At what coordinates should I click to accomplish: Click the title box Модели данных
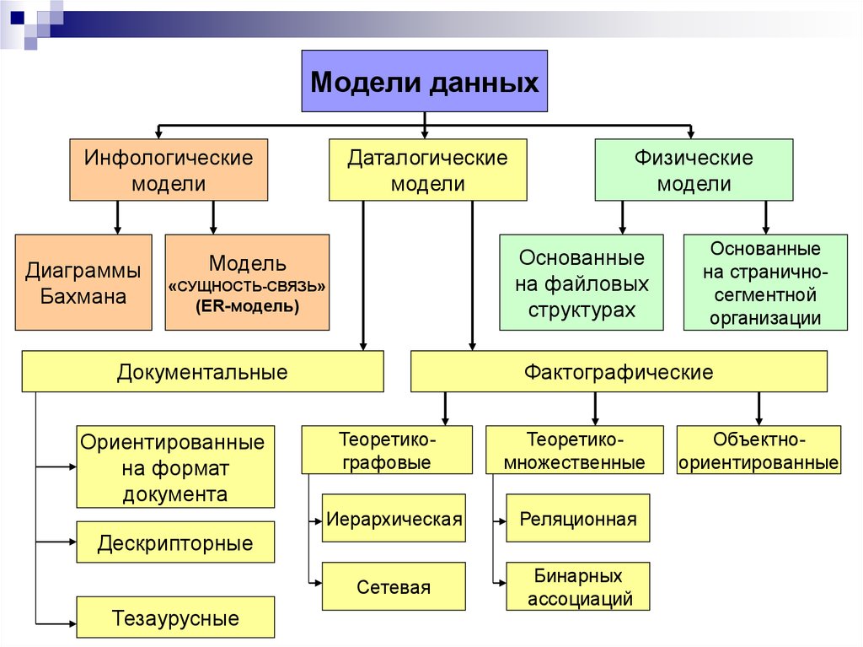[425, 82]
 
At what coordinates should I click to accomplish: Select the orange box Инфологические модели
[169, 170]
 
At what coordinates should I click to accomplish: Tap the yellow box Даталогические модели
[427, 170]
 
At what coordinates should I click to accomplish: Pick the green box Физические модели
[694, 170]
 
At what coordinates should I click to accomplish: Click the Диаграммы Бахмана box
[83, 282]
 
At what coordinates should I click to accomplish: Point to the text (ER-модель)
[247, 306]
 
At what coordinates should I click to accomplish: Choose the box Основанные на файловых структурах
[582, 282]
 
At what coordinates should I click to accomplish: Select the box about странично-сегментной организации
[764, 282]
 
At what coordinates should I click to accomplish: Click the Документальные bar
[202, 371]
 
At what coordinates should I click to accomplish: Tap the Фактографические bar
[619, 371]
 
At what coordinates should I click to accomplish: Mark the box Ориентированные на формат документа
[175, 466]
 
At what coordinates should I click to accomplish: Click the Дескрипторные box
[175, 542]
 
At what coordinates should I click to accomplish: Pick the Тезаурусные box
[175, 617]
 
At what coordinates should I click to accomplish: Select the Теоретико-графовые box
[387, 450]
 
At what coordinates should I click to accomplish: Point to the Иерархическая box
[394, 518]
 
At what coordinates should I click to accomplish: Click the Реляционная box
[577, 518]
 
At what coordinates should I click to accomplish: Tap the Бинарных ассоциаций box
[577, 587]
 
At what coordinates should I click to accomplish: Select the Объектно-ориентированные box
[758, 450]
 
